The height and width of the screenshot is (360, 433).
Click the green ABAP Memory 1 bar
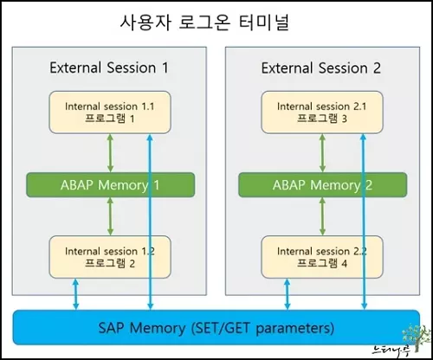tap(110, 184)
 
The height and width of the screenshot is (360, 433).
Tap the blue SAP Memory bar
tap(216, 329)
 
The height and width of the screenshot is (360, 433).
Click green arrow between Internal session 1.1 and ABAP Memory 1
tap(110, 153)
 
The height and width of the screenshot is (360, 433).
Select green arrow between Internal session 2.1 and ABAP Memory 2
tap(322, 153)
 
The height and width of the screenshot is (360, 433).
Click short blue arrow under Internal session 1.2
tap(77, 295)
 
